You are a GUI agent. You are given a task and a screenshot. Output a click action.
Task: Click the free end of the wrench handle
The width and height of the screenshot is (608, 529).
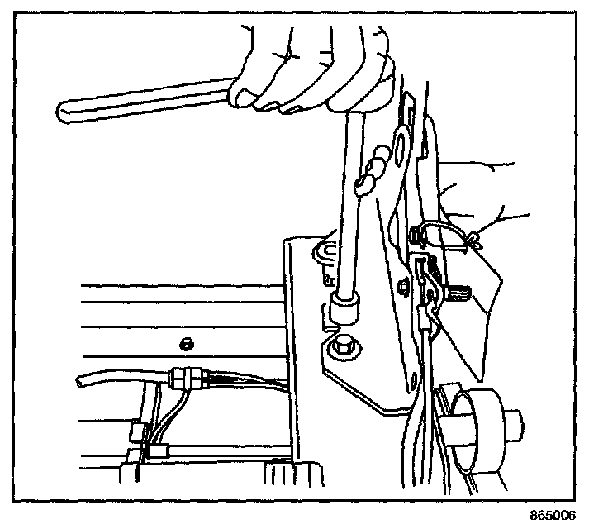(x=66, y=107)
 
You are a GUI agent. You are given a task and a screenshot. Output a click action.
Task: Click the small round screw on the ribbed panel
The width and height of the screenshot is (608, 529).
(x=187, y=341)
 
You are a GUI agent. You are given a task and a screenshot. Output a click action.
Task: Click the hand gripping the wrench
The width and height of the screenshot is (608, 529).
(x=314, y=70)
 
